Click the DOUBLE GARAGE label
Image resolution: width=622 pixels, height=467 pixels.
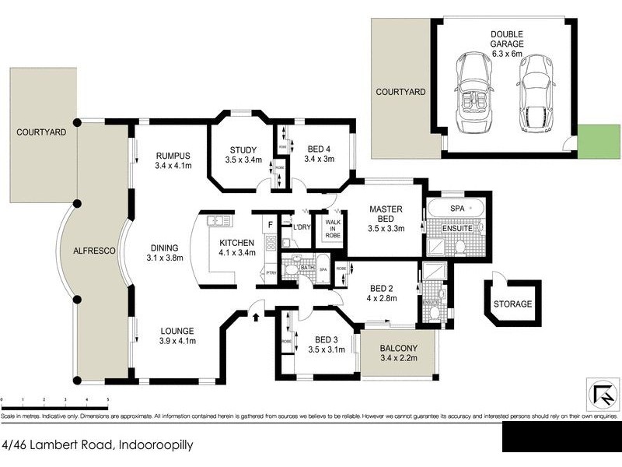pyautogui.click(x=506, y=39)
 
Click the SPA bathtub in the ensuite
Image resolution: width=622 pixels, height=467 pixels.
pyautogui.click(x=455, y=210)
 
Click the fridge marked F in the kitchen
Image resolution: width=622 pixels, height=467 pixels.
pyautogui.click(x=270, y=226)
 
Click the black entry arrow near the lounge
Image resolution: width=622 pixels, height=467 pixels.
pyautogui.click(x=256, y=314)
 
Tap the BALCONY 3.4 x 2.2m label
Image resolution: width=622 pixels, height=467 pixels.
pyautogui.click(x=399, y=353)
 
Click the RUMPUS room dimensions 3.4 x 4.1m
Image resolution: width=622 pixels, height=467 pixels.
pyautogui.click(x=173, y=166)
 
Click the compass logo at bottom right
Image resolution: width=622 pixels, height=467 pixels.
pyautogui.click(x=599, y=396)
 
